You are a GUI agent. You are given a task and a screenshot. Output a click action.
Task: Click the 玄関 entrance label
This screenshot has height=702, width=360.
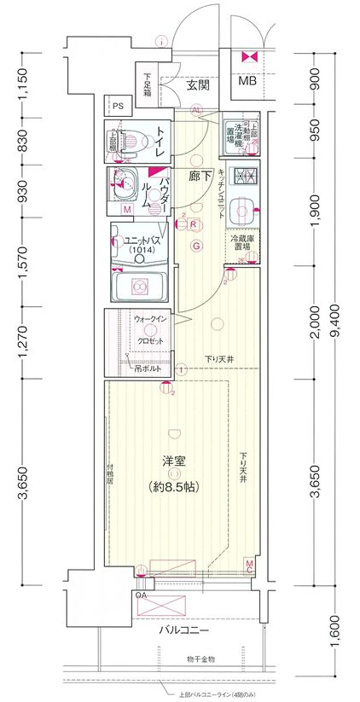[x=198, y=85]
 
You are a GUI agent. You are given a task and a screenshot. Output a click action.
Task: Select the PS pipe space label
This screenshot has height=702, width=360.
[x=118, y=107]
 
